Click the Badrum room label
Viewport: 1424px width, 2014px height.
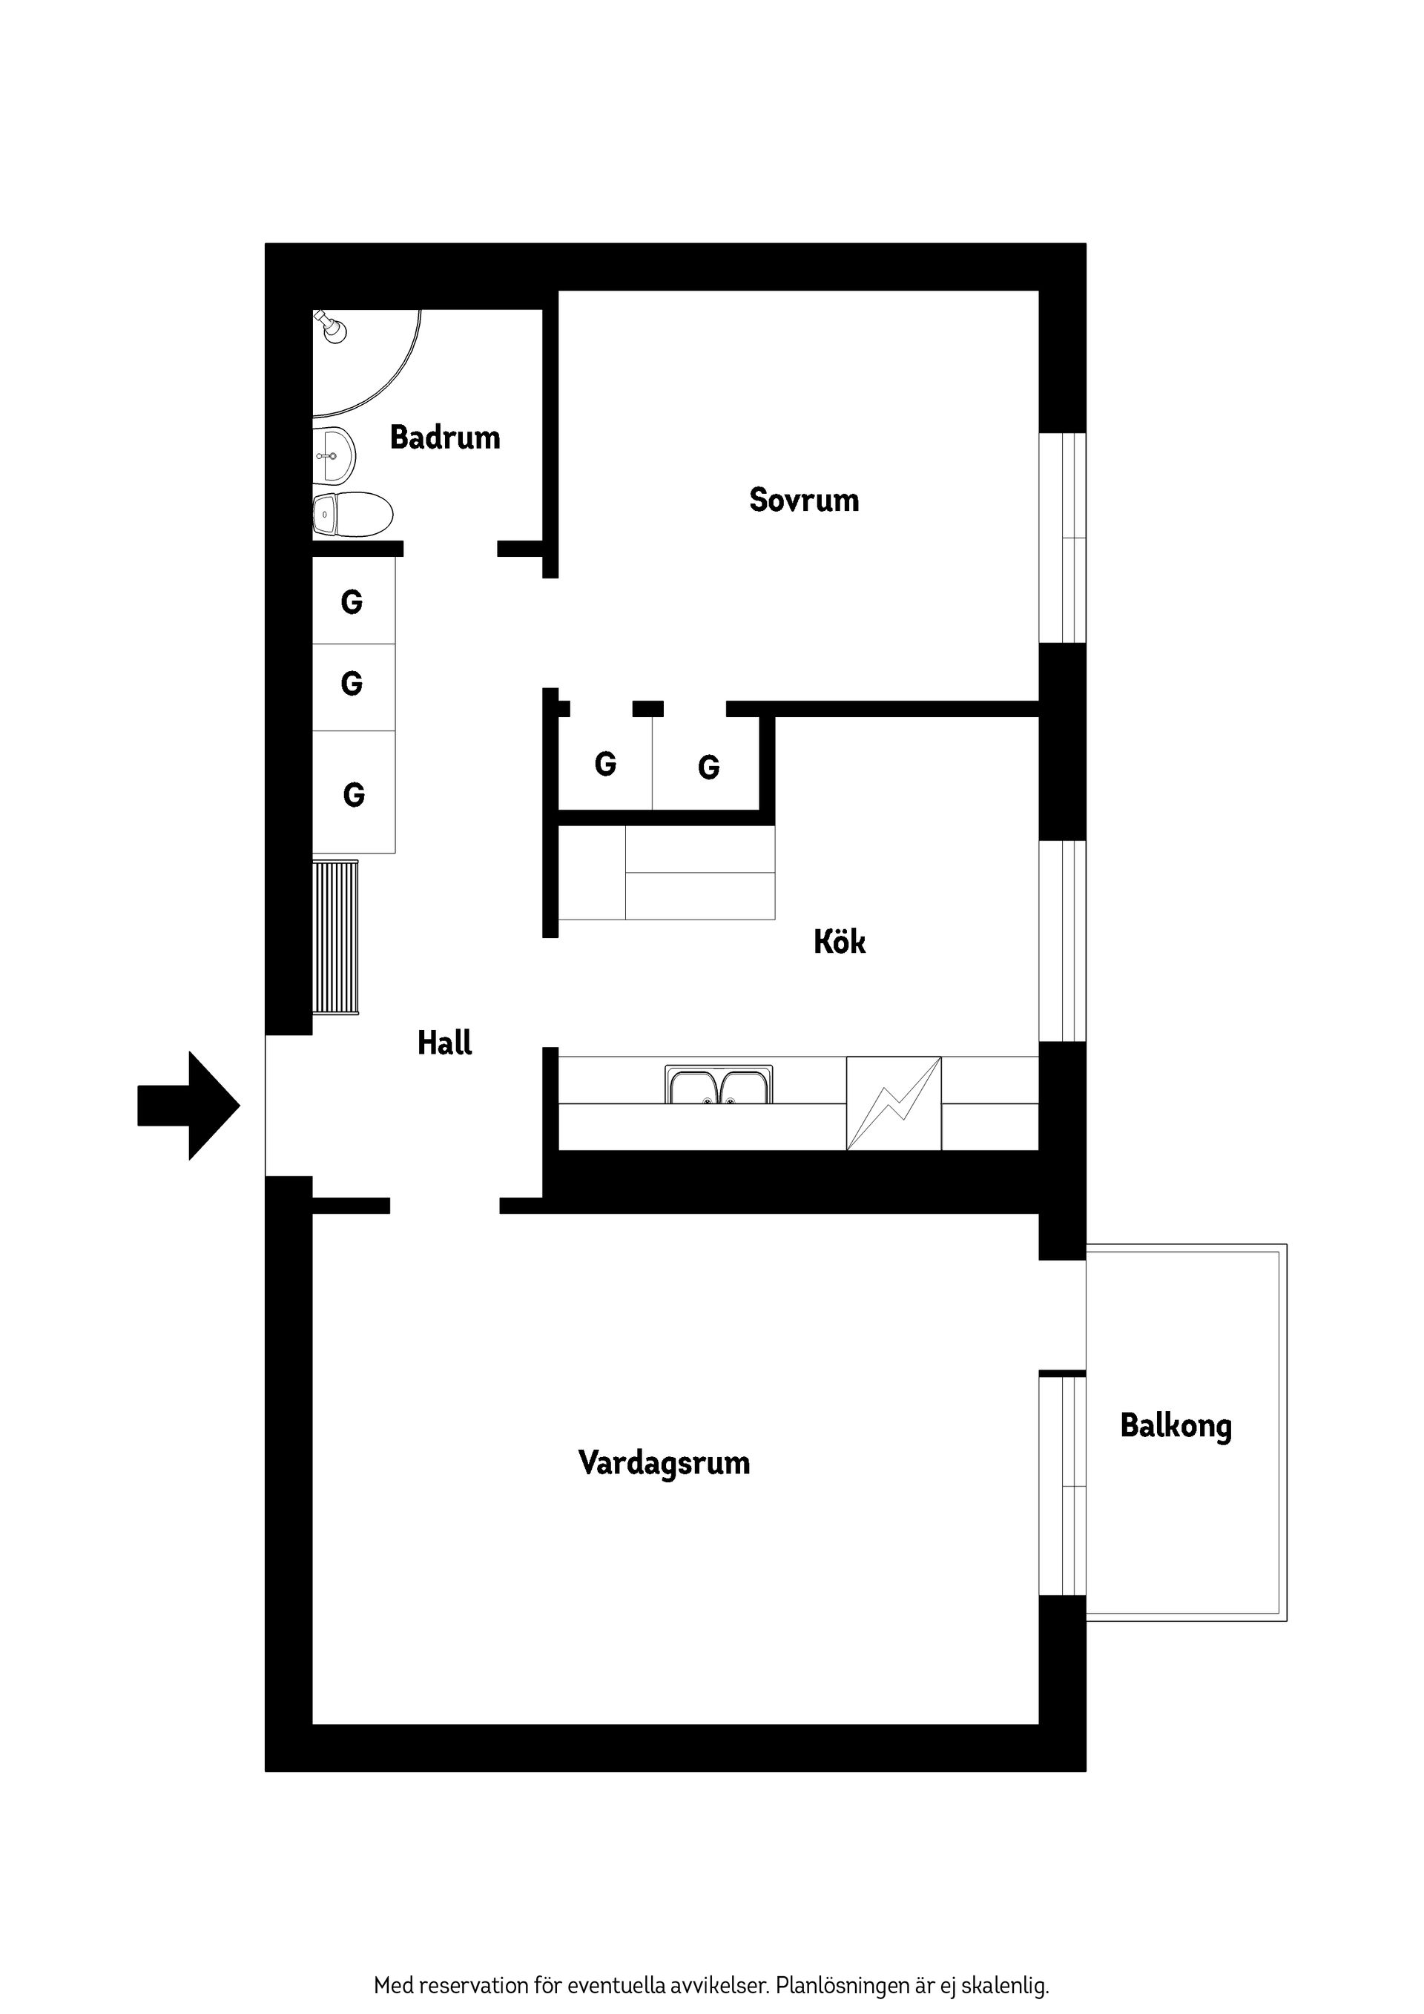pyautogui.click(x=445, y=437)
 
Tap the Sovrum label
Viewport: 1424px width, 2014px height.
pyautogui.click(x=804, y=500)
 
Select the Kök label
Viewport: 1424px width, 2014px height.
pyautogui.click(x=840, y=942)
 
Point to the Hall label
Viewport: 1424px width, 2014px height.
pyautogui.click(x=445, y=1043)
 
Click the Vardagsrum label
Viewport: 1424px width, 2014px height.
pyautogui.click(x=665, y=1463)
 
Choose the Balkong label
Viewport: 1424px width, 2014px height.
pyautogui.click(x=1176, y=1425)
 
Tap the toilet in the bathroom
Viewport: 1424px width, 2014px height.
pyautogui.click(x=352, y=515)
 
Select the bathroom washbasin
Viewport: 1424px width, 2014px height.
pyautogui.click(x=334, y=455)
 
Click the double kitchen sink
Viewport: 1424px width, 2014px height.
pyautogui.click(x=719, y=1085)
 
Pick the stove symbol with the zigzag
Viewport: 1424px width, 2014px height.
pyautogui.click(x=893, y=1103)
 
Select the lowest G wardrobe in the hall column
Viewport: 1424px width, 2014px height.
pyautogui.click(x=354, y=795)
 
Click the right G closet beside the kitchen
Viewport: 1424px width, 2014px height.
pyautogui.click(x=709, y=767)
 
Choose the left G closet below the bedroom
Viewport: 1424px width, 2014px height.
pyautogui.click(x=605, y=764)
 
